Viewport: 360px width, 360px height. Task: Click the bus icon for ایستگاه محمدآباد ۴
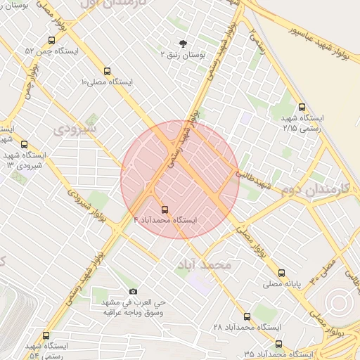[165, 210]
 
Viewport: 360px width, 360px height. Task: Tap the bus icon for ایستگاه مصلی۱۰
[107, 71]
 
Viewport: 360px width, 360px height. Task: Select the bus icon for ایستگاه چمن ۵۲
[51, 41]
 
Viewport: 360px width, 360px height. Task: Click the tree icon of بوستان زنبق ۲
[184, 44]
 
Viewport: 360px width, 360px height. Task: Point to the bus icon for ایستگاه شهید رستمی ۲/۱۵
[302, 108]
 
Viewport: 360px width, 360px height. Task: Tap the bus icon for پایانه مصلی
[282, 273]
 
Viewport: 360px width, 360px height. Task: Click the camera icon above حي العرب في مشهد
[134, 291]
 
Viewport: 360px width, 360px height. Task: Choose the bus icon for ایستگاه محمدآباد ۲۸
[247, 317]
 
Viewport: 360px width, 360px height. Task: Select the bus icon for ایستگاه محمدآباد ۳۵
[279, 344]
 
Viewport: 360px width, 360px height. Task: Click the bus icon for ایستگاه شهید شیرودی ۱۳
[25, 144]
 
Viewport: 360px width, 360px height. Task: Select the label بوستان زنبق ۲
[182, 54]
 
